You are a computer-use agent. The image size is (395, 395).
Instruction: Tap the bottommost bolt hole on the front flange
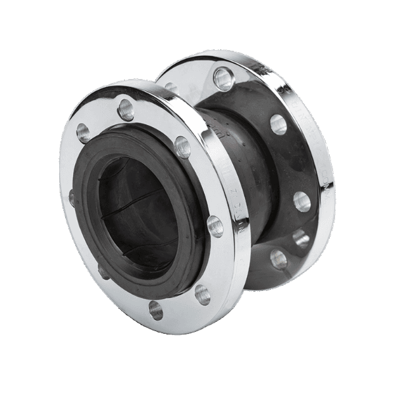click(156, 309)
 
